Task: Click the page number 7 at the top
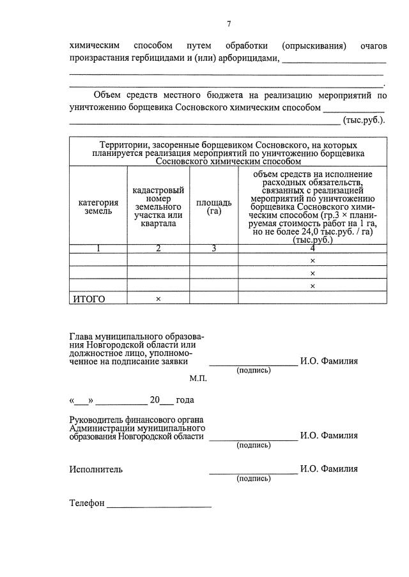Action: click(x=229, y=24)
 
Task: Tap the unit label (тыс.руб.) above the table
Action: click(x=364, y=119)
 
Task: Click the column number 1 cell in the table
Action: click(x=98, y=249)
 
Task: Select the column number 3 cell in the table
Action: click(x=213, y=249)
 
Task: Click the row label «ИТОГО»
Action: click(x=88, y=298)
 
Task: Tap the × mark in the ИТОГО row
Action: click(x=158, y=298)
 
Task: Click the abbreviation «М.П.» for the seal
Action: click(x=198, y=378)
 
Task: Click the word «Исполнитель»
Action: click(x=96, y=469)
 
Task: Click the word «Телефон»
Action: click(x=86, y=503)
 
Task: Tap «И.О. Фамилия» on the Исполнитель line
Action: click(x=329, y=469)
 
